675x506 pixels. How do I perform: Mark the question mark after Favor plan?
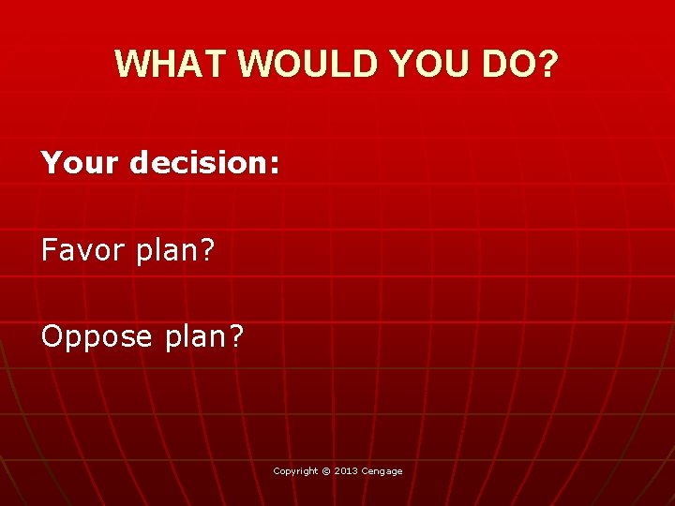tap(207, 250)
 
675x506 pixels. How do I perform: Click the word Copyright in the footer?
tap(295, 471)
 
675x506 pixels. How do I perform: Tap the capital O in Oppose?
tap(52, 336)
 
